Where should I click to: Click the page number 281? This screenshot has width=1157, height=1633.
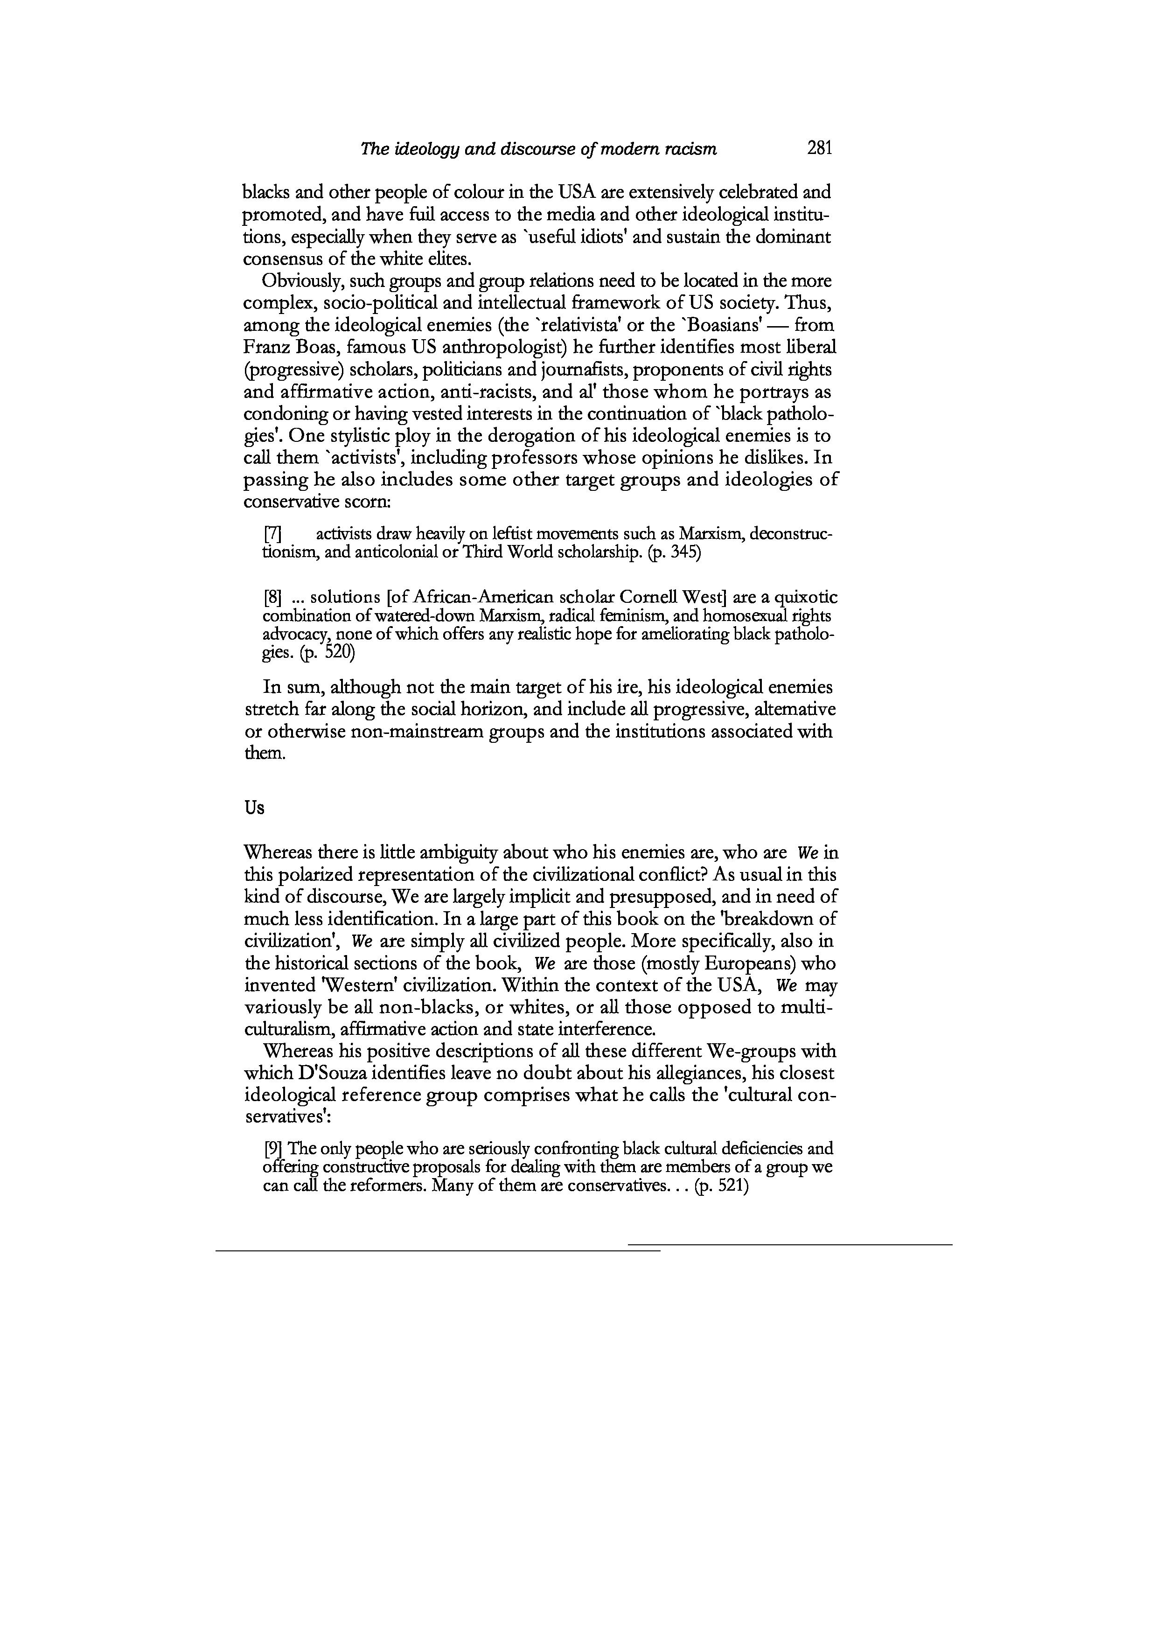point(819,148)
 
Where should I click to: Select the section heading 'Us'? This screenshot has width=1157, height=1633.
point(254,808)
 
